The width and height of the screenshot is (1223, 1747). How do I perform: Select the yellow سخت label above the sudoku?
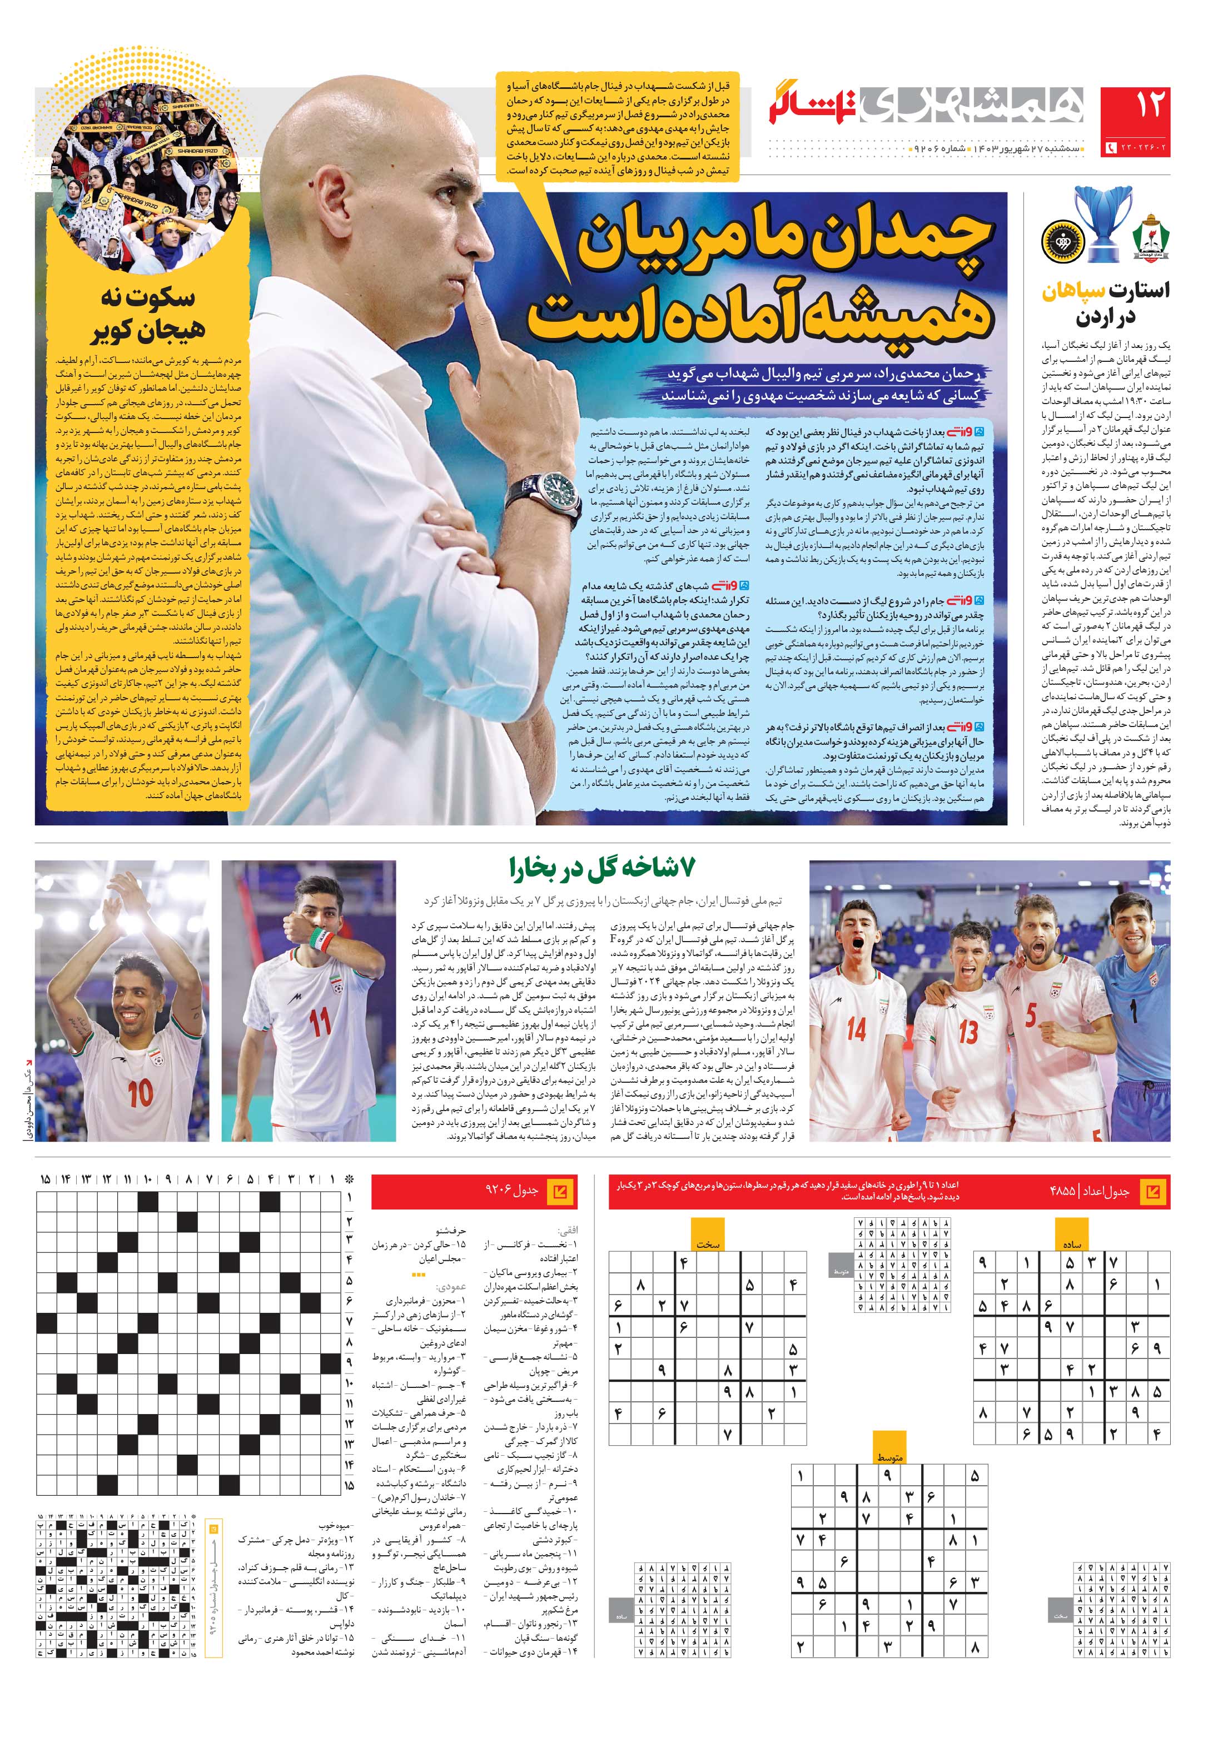point(708,1244)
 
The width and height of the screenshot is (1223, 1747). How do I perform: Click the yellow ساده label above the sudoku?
point(1072,1244)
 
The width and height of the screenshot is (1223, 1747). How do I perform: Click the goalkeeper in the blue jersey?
point(1132,1004)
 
